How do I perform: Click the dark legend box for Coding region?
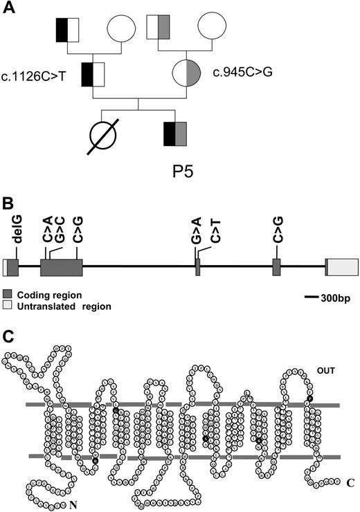(x=8, y=293)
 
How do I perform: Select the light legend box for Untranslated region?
(x=8, y=305)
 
